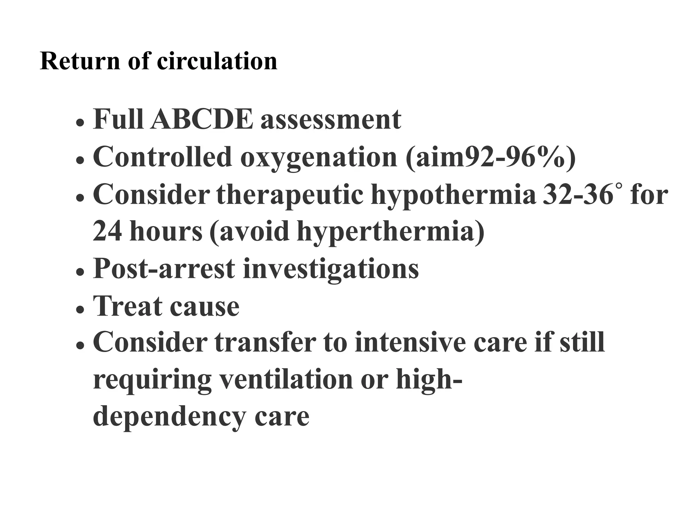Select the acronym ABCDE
[202, 119]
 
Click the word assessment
[331, 119]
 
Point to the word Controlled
[163, 157]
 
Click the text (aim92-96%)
[490, 157]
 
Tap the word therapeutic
[290, 195]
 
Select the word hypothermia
[453, 195]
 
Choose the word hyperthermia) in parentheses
[391, 232]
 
